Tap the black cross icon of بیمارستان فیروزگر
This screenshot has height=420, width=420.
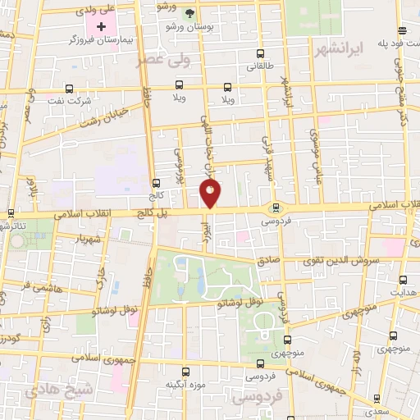pyautogui.click(x=101, y=27)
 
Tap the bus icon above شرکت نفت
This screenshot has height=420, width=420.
pyautogui.click(x=69, y=88)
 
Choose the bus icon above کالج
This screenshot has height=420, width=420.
pyautogui.click(x=157, y=183)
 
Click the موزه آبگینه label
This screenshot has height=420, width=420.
pyautogui.click(x=185, y=384)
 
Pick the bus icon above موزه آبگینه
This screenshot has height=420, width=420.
pyautogui.click(x=187, y=371)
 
